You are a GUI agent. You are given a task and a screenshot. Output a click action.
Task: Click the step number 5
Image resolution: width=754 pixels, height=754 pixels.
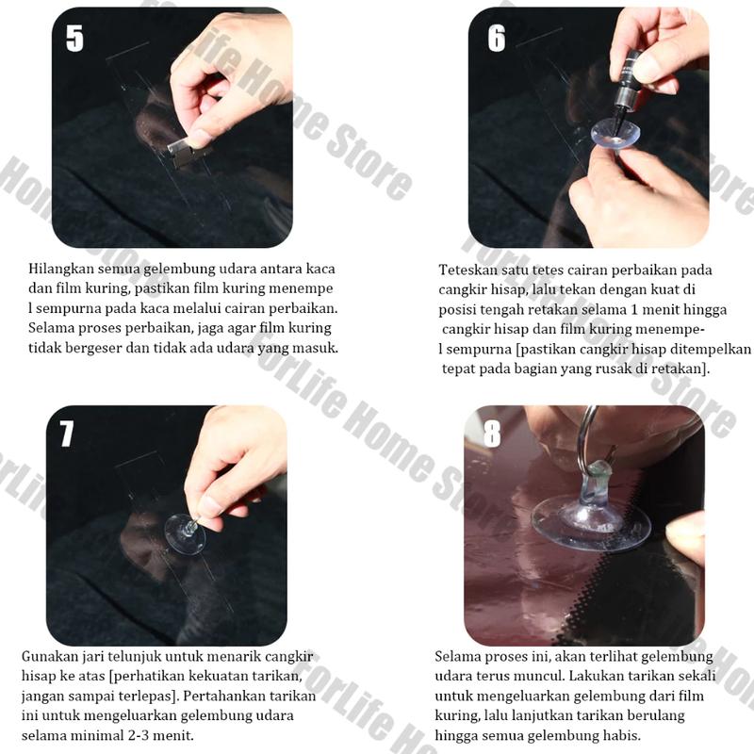tap(74, 38)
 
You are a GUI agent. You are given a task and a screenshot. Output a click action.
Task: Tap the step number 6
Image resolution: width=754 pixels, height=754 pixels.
tap(497, 38)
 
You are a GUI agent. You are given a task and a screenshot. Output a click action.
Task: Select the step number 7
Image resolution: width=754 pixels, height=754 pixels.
tap(66, 434)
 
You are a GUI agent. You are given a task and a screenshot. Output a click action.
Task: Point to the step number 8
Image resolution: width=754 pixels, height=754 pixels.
tap(492, 434)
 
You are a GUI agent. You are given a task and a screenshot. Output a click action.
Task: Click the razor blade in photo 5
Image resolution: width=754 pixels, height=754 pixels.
tap(188, 150)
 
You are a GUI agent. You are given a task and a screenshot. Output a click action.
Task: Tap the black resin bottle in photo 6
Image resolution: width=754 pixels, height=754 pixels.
tap(627, 91)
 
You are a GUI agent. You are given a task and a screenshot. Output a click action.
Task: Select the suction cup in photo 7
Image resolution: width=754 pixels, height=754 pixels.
tap(185, 533)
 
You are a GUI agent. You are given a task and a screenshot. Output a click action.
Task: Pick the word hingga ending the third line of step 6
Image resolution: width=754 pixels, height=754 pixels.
tap(705, 310)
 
